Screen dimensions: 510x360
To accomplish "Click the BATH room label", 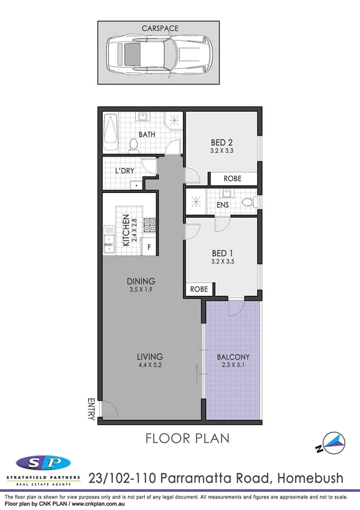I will (147, 135).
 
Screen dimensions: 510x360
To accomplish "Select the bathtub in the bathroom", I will (110, 134).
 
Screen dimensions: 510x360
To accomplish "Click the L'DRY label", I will (124, 171).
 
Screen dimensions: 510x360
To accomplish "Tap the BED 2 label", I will (221, 143).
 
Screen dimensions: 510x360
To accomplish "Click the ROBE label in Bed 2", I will (233, 179).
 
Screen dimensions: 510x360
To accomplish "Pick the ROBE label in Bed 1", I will (199, 289).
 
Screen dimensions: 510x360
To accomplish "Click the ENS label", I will (222, 205).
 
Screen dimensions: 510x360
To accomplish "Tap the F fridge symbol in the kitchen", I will (149, 247).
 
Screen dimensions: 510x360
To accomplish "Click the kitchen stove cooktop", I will (151, 224).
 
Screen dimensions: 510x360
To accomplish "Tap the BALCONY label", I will (233, 356).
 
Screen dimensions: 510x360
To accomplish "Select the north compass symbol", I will (332, 444).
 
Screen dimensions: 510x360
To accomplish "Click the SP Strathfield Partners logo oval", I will (43, 462).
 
